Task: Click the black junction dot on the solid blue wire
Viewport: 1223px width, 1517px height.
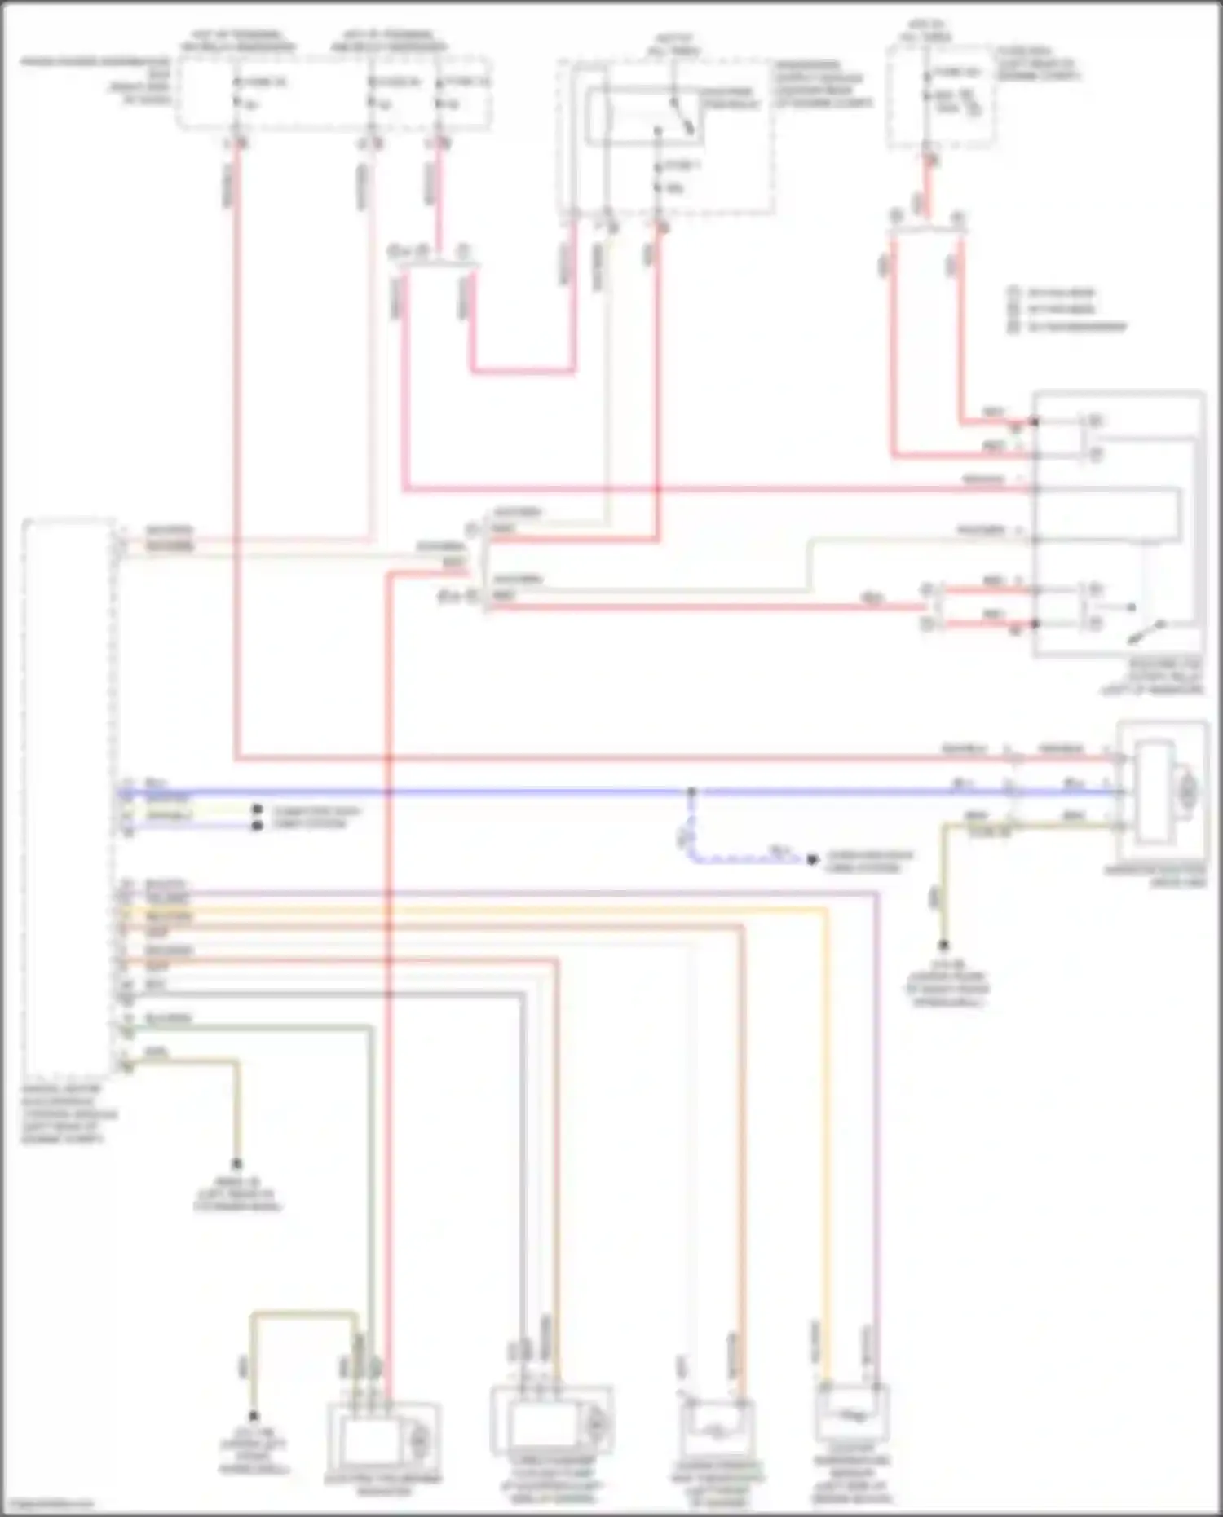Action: pyautogui.click(x=691, y=792)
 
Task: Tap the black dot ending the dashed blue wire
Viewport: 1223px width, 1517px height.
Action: pyautogui.click(x=812, y=859)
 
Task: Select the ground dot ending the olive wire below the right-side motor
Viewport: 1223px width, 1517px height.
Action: pyautogui.click(x=943, y=946)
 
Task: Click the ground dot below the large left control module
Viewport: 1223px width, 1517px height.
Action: pyautogui.click(x=237, y=1164)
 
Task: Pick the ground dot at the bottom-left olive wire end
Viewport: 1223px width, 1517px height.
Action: pyautogui.click(x=254, y=1417)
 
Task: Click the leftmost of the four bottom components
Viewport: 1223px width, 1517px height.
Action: pyautogui.click(x=383, y=1438)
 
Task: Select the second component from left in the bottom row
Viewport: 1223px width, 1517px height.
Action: pyautogui.click(x=552, y=1422)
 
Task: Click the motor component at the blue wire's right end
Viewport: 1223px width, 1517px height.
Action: pyautogui.click(x=1162, y=790)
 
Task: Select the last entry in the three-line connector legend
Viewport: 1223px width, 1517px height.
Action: pyautogui.click(x=1068, y=327)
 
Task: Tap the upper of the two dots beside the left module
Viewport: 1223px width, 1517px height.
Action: pyautogui.click(x=258, y=810)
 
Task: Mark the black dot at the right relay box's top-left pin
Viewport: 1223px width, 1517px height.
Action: pyautogui.click(x=1035, y=421)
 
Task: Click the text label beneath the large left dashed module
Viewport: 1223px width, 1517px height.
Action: pyautogui.click(x=69, y=1113)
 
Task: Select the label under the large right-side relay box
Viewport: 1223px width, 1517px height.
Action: pyautogui.click(x=1158, y=677)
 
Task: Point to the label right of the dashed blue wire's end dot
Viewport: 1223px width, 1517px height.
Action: pyautogui.click(x=869, y=862)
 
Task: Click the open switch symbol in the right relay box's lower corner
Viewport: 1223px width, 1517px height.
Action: pyautogui.click(x=1145, y=628)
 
